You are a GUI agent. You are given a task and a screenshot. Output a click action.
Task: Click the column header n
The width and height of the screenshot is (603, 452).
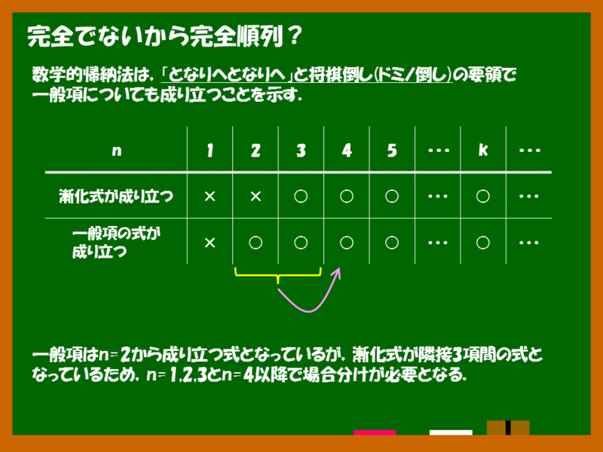[116, 150]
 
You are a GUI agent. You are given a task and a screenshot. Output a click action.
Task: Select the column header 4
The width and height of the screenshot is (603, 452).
[346, 150]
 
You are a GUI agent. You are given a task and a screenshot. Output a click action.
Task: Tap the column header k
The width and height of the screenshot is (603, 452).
[483, 150]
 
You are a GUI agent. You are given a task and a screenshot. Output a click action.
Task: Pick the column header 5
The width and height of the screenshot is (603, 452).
[392, 150]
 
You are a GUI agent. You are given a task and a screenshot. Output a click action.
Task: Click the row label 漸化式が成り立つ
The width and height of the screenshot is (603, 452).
[116, 197]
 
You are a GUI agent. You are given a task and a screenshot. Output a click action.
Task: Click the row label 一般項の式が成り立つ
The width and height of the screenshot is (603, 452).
[116, 243]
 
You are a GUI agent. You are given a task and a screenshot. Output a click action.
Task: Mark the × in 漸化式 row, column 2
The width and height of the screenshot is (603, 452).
[256, 197]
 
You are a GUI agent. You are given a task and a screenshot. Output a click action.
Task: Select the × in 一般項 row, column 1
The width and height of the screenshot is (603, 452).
[210, 243]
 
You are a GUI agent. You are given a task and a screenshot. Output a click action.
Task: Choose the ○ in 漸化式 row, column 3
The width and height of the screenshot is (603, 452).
[301, 197]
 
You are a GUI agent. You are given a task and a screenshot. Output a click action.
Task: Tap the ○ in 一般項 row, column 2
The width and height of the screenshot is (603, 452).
[256, 243]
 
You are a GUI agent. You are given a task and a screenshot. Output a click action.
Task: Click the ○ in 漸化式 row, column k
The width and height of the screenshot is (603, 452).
[483, 197]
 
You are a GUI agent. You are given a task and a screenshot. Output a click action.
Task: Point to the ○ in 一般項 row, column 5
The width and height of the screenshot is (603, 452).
[392, 243]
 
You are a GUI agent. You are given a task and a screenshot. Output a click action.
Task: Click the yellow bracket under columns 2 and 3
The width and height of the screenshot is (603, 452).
[279, 275]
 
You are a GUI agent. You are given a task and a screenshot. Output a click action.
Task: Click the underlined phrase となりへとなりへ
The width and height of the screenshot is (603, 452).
[231, 76]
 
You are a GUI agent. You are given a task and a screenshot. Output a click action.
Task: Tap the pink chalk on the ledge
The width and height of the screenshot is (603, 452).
[375, 432]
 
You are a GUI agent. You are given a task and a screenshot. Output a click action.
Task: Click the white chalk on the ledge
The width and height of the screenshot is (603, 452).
[451, 432]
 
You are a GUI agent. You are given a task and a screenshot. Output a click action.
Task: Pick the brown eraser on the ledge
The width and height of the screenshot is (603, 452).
[507, 429]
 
